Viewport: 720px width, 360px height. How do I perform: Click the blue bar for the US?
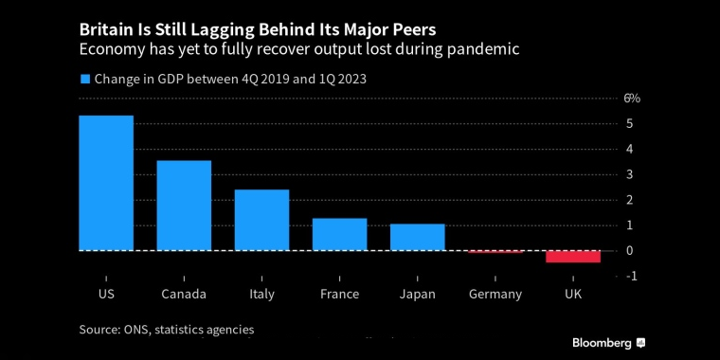pos(106,183)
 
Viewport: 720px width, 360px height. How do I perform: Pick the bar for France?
pos(339,234)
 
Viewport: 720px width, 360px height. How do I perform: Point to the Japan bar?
pos(417,237)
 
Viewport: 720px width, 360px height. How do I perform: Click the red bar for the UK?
pos(573,257)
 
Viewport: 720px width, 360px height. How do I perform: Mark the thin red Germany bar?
pos(495,252)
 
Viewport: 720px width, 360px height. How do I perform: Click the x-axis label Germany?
pos(495,294)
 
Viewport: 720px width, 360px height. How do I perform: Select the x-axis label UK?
pos(573,294)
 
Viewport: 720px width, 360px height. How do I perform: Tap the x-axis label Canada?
pos(184,294)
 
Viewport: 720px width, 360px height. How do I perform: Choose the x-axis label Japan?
pos(417,294)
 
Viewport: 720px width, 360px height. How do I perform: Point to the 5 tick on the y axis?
pos(629,124)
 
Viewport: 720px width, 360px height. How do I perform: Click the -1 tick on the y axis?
pos(630,276)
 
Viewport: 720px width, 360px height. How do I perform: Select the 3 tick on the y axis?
pos(629,174)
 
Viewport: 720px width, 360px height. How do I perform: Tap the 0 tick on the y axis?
pos(629,250)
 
